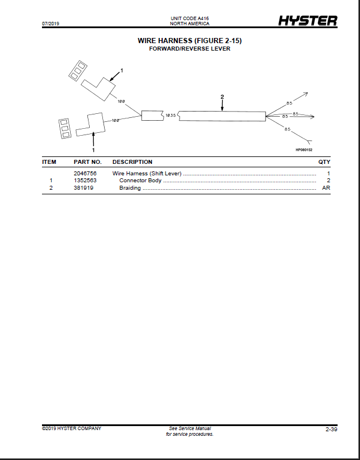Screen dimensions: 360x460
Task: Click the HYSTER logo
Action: (x=308, y=21)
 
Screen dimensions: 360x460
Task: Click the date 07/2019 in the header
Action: (x=51, y=24)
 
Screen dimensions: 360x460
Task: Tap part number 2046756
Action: (x=85, y=174)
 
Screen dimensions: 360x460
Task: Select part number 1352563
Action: (x=85, y=181)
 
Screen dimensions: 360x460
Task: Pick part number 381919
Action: (x=83, y=188)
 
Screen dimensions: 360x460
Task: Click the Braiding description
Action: (x=130, y=188)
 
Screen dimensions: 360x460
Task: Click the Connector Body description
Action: (x=140, y=181)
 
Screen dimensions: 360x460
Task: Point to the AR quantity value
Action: (x=326, y=188)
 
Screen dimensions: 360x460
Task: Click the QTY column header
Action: (x=324, y=162)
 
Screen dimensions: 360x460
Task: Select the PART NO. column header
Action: (x=88, y=162)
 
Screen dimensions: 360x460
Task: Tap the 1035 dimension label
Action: (x=170, y=116)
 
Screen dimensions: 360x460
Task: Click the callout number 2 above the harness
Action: (x=222, y=97)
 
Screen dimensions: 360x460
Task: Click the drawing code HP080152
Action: (x=304, y=150)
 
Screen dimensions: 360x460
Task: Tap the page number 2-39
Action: (x=332, y=430)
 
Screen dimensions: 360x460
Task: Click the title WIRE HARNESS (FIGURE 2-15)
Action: (x=190, y=41)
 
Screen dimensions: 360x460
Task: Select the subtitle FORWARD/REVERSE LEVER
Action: (x=190, y=49)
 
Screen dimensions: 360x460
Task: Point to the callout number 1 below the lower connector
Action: (x=94, y=150)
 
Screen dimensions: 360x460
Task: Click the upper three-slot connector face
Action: (x=78, y=71)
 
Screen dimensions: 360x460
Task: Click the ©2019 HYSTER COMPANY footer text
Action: (x=71, y=428)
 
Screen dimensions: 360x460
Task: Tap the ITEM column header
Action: (x=49, y=162)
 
